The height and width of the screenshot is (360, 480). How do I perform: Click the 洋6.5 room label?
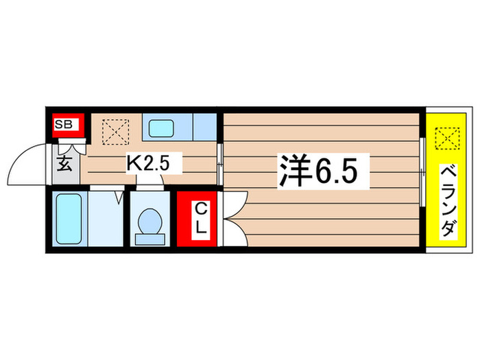pyautogui.click(x=317, y=169)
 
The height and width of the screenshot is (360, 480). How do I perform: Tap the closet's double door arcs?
pyautogui.click(x=233, y=219)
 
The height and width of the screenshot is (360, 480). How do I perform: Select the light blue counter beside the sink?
pyautogui.click(x=204, y=128)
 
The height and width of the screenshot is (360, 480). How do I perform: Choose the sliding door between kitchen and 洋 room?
pyautogui.click(x=219, y=165)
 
